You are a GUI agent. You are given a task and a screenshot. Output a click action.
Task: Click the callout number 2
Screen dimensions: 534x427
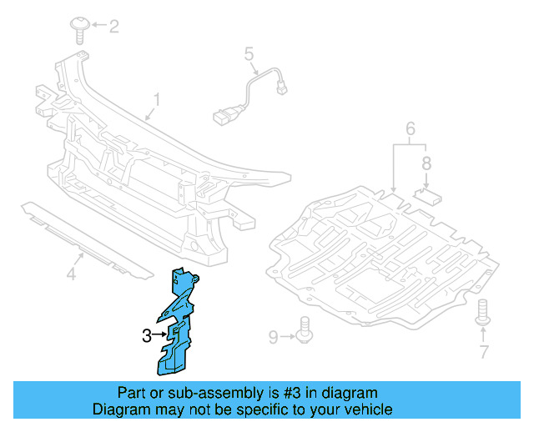(x=113, y=27)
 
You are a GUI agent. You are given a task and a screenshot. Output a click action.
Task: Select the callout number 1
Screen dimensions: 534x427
(x=156, y=100)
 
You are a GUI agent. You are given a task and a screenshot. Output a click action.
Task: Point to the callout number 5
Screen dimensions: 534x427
(x=249, y=54)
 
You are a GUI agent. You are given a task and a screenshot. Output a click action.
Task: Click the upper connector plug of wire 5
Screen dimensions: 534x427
(x=282, y=89)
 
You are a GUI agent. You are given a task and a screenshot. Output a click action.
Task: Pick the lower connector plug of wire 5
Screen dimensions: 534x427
(x=223, y=117)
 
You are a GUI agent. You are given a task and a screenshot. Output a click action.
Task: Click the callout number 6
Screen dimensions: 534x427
(x=411, y=128)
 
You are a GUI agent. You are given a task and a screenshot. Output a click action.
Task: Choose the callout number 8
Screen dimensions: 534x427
(x=426, y=163)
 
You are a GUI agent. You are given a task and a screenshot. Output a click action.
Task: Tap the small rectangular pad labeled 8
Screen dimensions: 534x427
(x=428, y=197)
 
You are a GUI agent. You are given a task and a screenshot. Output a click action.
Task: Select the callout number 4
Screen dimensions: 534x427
(x=71, y=274)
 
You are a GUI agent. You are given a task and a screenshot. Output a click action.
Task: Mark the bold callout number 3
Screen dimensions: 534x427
(x=147, y=336)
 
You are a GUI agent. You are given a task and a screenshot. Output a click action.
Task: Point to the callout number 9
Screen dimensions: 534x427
(x=274, y=337)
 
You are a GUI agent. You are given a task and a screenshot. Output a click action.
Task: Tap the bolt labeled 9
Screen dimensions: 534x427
(x=304, y=329)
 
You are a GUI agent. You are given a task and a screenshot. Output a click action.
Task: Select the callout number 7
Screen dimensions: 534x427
(x=484, y=352)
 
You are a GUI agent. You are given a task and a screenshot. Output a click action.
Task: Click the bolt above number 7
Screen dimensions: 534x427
(x=483, y=312)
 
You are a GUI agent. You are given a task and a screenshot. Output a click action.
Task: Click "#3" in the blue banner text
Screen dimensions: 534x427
(x=292, y=393)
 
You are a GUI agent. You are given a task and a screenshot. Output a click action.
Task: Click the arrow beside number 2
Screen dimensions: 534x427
(x=98, y=24)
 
